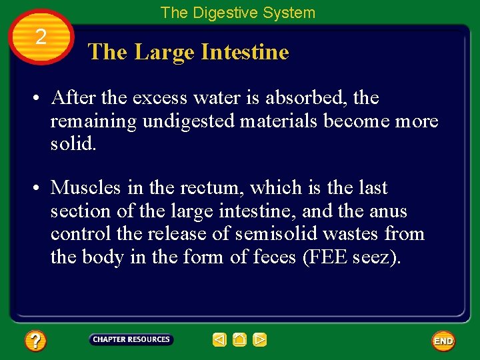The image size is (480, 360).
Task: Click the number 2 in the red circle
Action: coord(41,37)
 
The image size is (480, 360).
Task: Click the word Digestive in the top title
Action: coord(220,13)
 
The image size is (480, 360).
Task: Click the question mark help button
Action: coord(35,341)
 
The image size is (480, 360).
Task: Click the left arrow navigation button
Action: coord(219,340)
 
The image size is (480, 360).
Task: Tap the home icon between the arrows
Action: coord(239,340)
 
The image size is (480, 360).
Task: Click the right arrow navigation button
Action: coord(260,340)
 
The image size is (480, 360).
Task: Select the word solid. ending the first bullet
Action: coord(73,144)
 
